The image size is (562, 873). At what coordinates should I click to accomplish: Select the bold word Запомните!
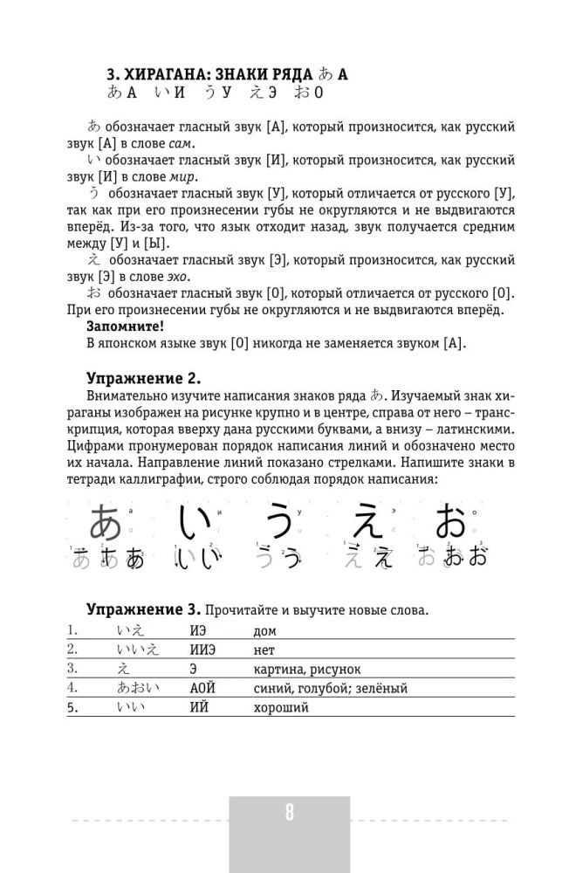click(125, 326)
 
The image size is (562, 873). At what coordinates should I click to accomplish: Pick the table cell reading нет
click(264, 650)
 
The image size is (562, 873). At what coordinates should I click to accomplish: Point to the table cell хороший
click(280, 707)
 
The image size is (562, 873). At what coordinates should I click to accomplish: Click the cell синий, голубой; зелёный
click(330, 688)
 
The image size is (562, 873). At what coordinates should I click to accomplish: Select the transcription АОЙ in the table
click(202, 688)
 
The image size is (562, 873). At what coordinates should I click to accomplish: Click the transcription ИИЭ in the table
click(202, 650)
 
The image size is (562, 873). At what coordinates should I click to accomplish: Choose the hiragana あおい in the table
click(138, 688)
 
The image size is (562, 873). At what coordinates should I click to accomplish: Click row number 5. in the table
click(72, 707)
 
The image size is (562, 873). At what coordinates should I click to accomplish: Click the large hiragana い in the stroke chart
click(194, 522)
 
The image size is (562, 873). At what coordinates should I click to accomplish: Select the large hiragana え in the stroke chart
click(366, 522)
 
